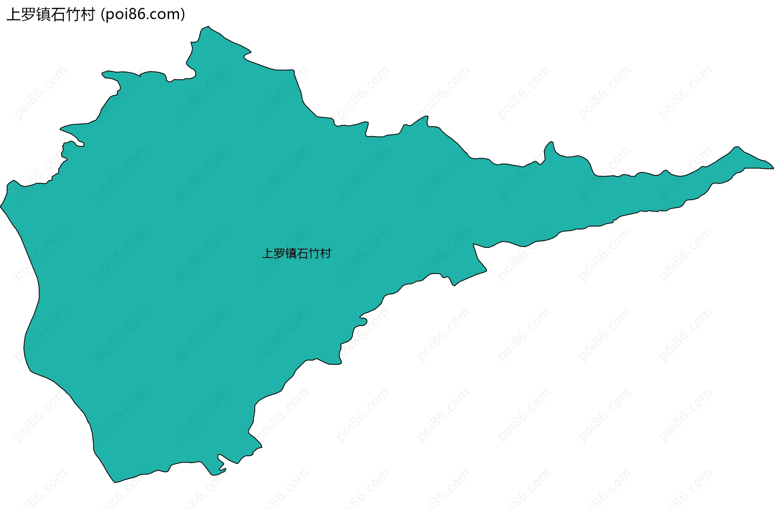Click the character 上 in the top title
point(13,15)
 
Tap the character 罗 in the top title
point(28,15)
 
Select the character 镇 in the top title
point(43,15)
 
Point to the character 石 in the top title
point(58,15)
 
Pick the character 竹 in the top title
point(73,15)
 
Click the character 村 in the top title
point(88,15)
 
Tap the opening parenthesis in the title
point(103,15)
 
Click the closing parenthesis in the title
point(183,15)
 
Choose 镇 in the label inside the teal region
point(291,253)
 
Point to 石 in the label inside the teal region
point(302,253)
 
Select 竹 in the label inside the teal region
point(314,253)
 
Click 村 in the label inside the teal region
point(326,253)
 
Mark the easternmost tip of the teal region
point(773,168)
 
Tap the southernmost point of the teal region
point(115,482)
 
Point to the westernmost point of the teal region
point(1,207)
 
